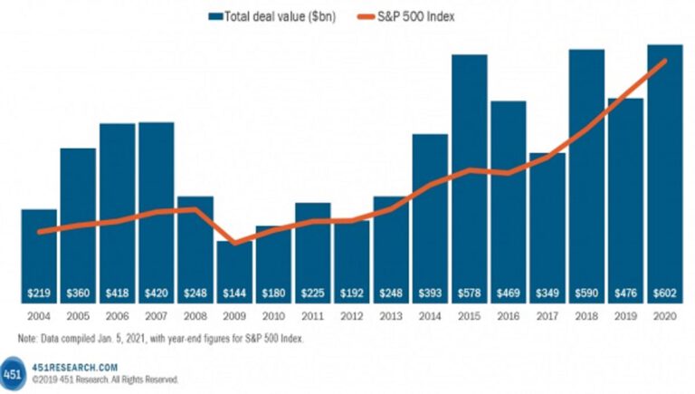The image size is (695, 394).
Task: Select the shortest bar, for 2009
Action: tap(234, 267)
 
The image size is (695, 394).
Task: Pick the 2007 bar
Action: tap(157, 208)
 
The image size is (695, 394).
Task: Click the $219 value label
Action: tap(39, 293)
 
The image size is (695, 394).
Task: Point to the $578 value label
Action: tap(469, 293)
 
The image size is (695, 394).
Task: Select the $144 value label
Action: tap(234, 293)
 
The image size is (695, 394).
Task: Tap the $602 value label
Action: tap(664, 293)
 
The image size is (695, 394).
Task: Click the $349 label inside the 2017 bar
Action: tap(547, 293)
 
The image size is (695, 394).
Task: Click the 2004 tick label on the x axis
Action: tap(39, 316)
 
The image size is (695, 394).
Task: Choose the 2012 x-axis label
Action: tap(351, 316)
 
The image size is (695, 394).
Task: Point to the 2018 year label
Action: tap(586, 316)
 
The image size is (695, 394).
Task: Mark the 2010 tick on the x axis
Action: tap(273, 316)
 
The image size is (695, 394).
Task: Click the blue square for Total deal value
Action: tap(215, 15)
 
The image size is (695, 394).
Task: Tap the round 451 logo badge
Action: tap(13, 373)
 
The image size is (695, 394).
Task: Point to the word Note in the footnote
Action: tap(28, 338)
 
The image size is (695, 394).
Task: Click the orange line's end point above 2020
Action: tap(666, 61)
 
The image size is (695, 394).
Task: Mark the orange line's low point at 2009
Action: tap(235, 243)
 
